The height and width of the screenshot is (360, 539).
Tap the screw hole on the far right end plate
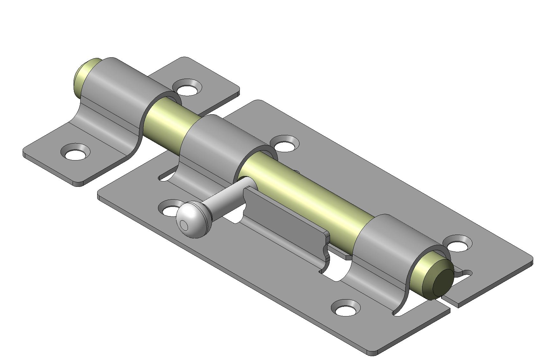coord(458,245)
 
